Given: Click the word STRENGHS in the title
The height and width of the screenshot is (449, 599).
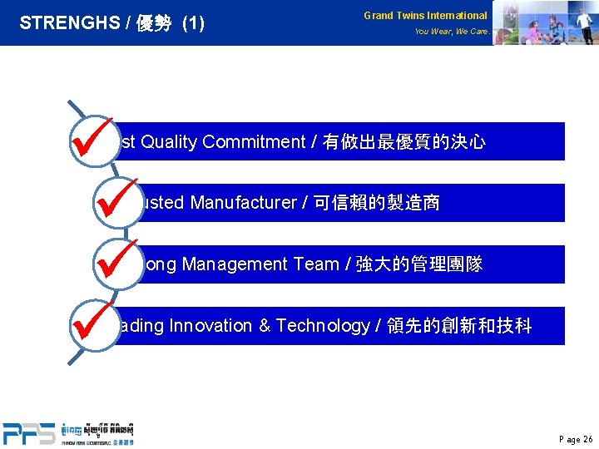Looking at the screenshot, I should click(69, 23).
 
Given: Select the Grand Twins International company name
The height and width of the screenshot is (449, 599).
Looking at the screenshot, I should click(425, 15).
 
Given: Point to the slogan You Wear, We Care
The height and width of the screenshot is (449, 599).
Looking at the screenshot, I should click(451, 32).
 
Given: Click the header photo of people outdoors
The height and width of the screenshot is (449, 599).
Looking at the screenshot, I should click(545, 22).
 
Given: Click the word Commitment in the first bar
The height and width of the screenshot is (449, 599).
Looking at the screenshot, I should click(254, 142).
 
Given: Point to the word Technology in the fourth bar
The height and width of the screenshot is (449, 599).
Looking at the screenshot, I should click(322, 326).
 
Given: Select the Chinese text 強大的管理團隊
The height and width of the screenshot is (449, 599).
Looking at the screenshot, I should click(420, 264).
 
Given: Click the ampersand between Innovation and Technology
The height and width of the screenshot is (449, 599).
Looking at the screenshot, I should click(265, 326).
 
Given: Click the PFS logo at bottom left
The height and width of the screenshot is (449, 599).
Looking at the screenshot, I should click(29, 432).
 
